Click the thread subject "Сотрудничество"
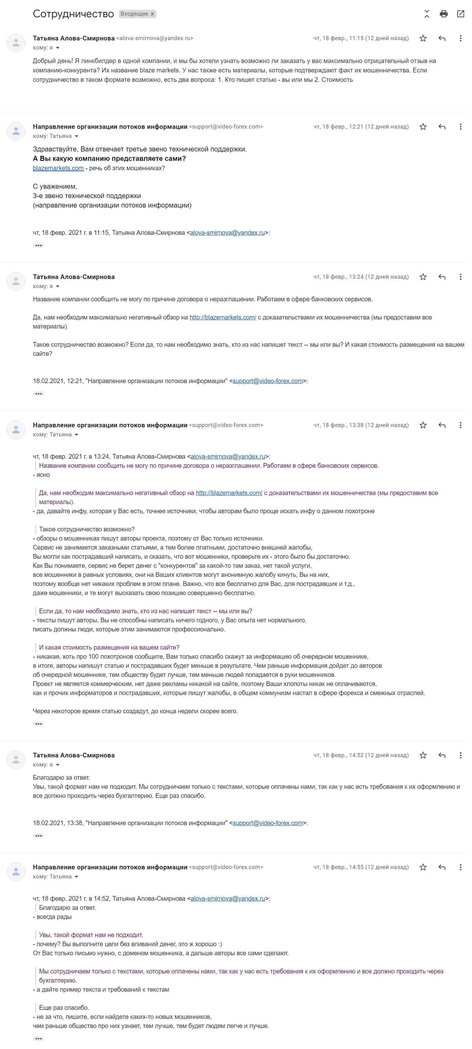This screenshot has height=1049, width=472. (x=73, y=14)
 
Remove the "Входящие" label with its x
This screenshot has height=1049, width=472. (x=152, y=14)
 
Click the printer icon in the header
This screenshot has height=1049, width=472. (x=443, y=14)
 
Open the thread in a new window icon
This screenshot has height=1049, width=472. (x=461, y=14)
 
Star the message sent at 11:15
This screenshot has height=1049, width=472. (x=423, y=38)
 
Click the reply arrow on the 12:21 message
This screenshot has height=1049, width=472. (x=442, y=127)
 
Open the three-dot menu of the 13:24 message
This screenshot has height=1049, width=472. (x=461, y=277)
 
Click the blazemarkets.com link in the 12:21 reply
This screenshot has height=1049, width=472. (x=58, y=168)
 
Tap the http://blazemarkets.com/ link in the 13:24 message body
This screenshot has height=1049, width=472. (x=223, y=317)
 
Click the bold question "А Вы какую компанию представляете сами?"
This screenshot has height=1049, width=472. (x=109, y=158)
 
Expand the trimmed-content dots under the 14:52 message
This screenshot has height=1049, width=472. (x=39, y=836)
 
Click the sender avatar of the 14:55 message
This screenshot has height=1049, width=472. (x=16, y=872)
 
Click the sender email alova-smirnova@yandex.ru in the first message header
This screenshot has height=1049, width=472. (x=155, y=38)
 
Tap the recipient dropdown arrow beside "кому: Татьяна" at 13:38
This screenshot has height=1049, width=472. (x=76, y=435)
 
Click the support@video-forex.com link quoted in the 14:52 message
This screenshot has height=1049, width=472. (x=268, y=823)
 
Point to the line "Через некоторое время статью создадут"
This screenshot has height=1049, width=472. (x=135, y=711)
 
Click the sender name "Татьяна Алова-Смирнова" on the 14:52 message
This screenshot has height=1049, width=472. (x=74, y=755)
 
